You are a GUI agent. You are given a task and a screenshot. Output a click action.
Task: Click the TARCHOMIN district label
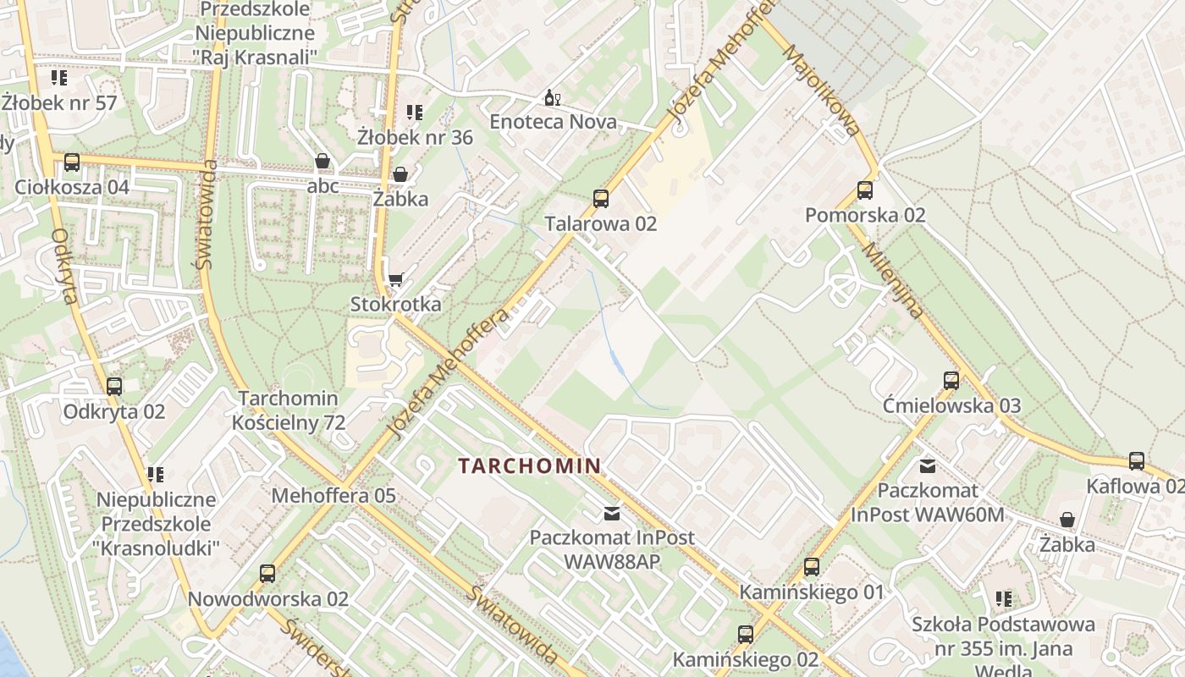tap(530, 465)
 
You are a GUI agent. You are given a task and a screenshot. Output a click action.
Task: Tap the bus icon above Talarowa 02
tap(601, 200)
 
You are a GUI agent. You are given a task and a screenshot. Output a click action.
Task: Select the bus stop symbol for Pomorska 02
tap(864, 190)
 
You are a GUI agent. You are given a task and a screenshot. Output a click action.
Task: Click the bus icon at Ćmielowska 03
tap(951, 381)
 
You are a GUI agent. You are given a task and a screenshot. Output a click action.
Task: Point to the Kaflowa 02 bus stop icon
tap(1136, 461)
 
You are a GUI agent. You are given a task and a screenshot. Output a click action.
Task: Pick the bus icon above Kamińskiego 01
tap(812, 567)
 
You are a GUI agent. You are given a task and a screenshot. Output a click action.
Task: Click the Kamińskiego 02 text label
tap(745, 659)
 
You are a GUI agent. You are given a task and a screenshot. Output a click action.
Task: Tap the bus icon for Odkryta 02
tap(114, 387)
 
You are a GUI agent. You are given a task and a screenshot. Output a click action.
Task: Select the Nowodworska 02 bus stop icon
tap(267, 574)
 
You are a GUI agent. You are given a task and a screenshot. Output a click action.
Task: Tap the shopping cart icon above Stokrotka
tap(395, 279)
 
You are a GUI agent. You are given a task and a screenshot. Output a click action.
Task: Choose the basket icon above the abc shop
tap(322, 161)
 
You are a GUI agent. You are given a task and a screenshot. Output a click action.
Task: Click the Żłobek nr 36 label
tap(415, 137)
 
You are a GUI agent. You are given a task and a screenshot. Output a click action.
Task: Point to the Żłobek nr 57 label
tap(58, 102)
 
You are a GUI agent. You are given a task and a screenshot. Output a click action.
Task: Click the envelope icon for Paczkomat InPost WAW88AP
tap(611, 513)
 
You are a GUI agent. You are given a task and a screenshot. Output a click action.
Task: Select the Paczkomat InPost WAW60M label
tap(928, 502)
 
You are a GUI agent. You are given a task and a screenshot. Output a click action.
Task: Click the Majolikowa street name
tap(820, 91)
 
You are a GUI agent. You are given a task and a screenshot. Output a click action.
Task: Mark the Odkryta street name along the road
tap(64, 266)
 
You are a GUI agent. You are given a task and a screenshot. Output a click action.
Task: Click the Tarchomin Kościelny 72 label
tap(289, 410)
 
